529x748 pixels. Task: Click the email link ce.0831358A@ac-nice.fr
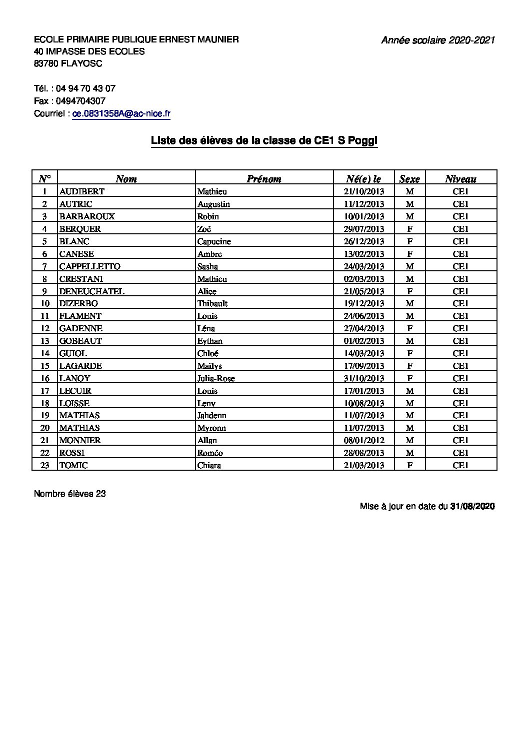121,114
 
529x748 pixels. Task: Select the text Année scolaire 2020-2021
438,40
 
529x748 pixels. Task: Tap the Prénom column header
264,179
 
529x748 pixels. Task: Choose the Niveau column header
460,179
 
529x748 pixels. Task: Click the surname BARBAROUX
87,216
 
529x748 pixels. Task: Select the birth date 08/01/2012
363,440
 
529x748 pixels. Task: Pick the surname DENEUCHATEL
91,291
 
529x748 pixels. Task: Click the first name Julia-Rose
216,378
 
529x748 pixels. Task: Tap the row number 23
45,465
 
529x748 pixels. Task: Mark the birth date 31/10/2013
363,378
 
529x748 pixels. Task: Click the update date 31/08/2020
472,506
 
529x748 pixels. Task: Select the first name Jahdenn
212,415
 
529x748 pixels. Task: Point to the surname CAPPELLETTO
89,266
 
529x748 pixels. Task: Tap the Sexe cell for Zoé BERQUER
409,229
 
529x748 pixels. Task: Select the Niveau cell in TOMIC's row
460,465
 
